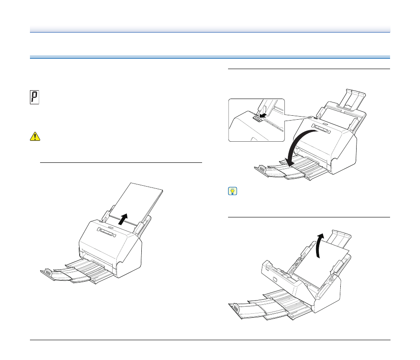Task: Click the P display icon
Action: (x=34, y=97)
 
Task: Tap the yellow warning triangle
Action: (x=35, y=136)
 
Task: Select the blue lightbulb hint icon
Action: (x=232, y=191)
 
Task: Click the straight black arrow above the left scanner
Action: (x=123, y=219)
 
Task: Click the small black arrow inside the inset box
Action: (x=263, y=115)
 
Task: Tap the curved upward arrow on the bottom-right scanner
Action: (x=319, y=246)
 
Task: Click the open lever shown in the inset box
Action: (x=257, y=119)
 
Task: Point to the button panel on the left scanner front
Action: (x=107, y=232)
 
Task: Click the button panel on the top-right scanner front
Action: (x=321, y=129)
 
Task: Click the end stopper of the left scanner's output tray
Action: (x=48, y=273)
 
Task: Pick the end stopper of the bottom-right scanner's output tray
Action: (x=236, y=308)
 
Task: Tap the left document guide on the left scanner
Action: (x=107, y=216)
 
